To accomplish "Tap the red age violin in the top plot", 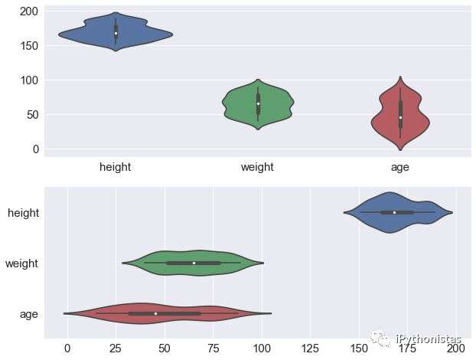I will click(400, 115).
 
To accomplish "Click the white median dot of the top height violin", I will click(116, 33).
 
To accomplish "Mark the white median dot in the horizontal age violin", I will click(155, 313).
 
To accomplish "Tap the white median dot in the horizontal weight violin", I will click(194, 263).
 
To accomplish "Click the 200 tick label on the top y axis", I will click(29, 11).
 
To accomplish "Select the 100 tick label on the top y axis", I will click(29, 80).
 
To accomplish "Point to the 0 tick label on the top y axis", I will click(35, 149).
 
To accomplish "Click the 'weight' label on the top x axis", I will click(258, 167).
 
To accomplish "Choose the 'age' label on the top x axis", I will click(400, 167).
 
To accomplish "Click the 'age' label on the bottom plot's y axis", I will click(29, 313).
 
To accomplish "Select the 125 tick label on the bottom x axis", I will click(310, 349).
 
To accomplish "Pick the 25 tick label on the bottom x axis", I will click(116, 349).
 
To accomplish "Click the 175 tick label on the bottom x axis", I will click(406, 349).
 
